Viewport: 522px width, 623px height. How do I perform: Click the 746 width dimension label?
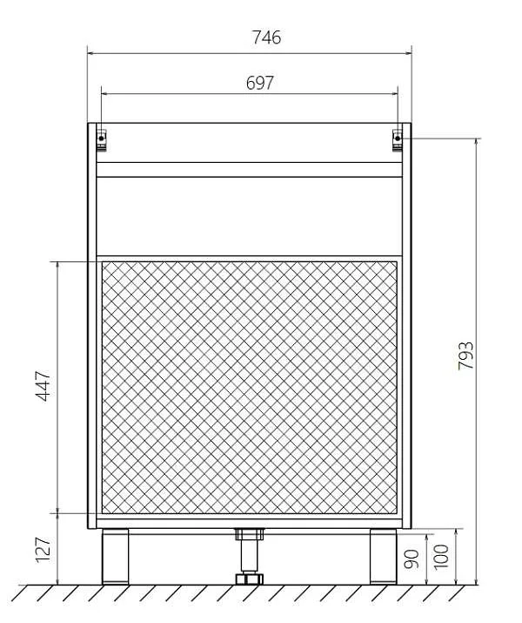point(266,37)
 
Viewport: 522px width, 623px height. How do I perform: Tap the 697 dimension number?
point(260,83)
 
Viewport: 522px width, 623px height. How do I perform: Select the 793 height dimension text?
point(465,356)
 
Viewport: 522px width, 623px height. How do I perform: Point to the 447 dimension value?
point(43,386)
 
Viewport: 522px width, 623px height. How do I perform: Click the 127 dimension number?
point(43,550)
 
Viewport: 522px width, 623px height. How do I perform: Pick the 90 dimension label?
point(412,559)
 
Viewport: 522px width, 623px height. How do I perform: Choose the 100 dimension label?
point(441,557)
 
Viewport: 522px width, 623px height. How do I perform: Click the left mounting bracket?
point(102,140)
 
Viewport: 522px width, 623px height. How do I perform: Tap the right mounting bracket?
point(397,140)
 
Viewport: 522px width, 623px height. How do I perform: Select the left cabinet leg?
point(115,556)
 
